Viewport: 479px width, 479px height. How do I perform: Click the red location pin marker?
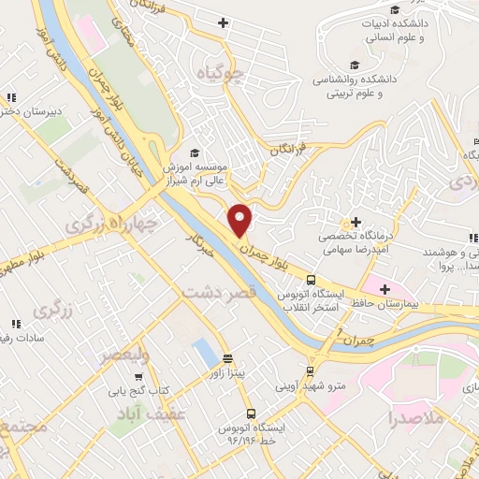point(241,221)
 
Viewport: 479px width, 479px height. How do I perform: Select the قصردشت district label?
point(219,293)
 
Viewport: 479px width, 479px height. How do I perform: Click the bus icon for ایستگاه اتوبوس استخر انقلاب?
point(311,279)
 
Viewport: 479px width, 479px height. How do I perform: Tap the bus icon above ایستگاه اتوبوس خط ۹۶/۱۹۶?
point(251,413)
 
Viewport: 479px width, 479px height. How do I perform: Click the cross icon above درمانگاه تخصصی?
point(356,223)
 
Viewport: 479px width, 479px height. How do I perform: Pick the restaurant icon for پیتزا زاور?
point(227,359)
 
